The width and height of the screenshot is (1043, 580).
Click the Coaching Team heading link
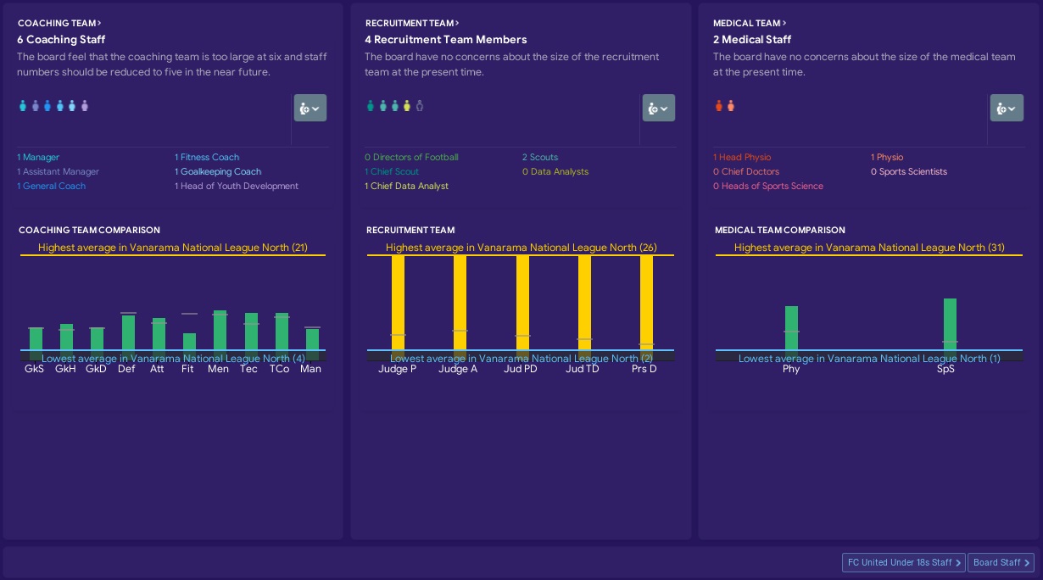click(59, 24)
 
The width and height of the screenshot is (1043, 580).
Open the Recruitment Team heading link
click(412, 24)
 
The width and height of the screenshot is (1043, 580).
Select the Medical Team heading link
click(750, 24)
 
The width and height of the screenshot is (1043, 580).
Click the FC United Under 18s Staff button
click(903, 562)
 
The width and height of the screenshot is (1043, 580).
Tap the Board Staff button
click(1001, 562)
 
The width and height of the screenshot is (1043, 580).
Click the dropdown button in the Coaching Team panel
click(310, 109)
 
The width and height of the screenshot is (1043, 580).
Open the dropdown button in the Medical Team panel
click(1007, 109)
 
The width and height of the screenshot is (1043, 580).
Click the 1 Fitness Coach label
click(207, 157)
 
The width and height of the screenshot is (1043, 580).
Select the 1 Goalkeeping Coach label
click(218, 171)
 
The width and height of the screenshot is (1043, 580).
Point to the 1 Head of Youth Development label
click(237, 186)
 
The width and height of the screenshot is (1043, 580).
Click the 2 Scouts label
click(540, 157)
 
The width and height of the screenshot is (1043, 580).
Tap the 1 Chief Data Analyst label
click(406, 186)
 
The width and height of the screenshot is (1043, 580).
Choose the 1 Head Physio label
click(742, 157)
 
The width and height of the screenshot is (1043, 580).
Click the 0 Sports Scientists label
click(908, 171)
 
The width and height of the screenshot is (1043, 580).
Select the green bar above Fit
click(189, 342)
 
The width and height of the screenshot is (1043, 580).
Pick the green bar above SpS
click(950, 324)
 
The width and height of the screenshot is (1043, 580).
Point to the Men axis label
click(218, 369)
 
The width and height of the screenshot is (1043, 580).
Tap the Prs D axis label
click(644, 369)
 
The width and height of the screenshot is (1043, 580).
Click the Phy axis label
click(791, 369)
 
